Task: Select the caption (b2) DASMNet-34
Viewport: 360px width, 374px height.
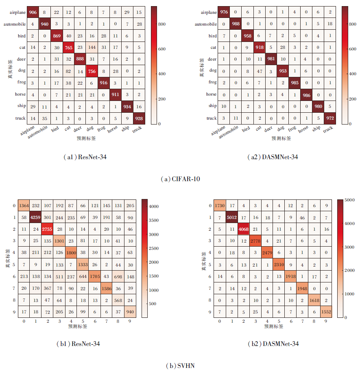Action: pyautogui.click(x=274, y=344)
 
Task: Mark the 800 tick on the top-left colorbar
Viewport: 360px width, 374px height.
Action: pyautogui.click(x=161, y=24)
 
